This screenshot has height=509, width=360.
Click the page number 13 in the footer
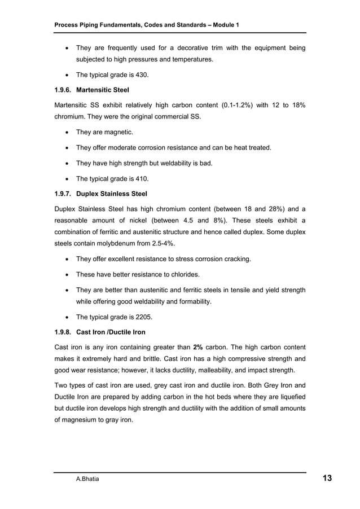coord(327,479)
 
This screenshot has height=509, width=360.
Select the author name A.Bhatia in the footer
coord(89,479)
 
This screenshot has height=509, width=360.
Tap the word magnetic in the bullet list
coord(118,132)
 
